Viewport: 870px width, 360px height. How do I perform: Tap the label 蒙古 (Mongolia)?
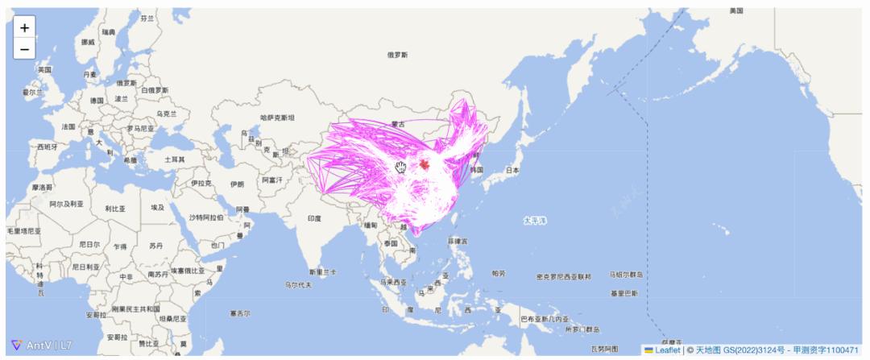397,124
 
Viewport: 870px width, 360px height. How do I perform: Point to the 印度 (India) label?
313,218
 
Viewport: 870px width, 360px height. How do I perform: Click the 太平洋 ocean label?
534,220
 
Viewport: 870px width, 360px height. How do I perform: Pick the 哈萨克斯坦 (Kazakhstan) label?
277,118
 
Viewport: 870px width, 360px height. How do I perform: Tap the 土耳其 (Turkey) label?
174,159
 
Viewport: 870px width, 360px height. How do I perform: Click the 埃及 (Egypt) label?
157,207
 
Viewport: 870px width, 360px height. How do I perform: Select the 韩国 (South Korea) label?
476,170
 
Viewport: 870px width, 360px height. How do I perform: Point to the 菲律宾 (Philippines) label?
456,240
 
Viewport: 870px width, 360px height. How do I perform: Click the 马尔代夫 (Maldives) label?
298,284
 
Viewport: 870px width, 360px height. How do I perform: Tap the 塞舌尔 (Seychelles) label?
239,313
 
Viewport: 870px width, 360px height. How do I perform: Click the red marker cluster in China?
425,164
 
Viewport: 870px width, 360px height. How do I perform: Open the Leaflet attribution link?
667,350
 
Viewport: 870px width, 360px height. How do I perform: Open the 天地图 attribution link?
708,350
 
